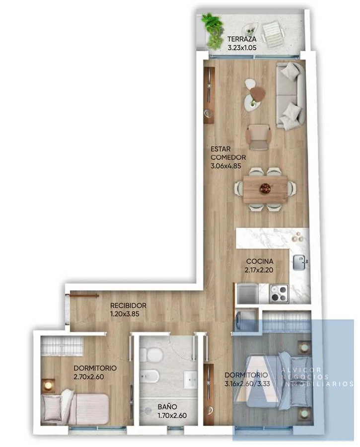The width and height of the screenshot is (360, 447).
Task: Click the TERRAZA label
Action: [x=242, y=39]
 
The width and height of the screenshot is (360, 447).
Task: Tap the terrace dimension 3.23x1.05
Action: [x=242, y=48]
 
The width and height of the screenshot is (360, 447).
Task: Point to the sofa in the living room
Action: [x=290, y=96]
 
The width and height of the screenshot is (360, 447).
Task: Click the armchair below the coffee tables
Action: [x=258, y=137]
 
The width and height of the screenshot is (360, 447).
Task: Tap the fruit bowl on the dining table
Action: [x=265, y=189]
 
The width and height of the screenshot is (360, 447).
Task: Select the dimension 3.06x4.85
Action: [x=226, y=166]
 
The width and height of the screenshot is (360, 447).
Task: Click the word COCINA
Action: [x=260, y=261]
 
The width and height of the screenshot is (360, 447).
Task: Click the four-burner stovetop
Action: [x=279, y=294]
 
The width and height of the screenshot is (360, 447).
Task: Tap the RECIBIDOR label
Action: [x=128, y=305]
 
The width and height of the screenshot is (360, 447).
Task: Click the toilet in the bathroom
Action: [x=151, y=354]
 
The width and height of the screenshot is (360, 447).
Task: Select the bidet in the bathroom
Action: [x=149, y=376]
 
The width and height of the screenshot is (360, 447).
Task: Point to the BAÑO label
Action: [x=167, y=407]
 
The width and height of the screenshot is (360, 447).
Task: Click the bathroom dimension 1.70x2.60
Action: [x=172, y=416]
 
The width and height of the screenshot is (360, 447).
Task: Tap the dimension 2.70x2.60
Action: [x=89, y=377]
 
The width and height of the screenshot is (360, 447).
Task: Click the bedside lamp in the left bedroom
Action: [x=48, y=386]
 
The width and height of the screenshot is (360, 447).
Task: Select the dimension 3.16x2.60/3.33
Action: [x=247, y=384]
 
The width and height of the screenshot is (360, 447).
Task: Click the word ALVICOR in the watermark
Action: [x=301, y=370]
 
